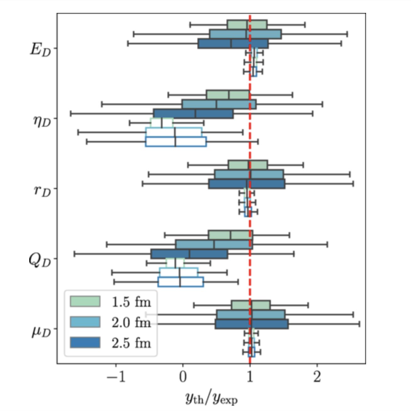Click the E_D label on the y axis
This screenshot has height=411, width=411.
pos(40,49)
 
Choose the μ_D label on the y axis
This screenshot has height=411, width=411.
pos(41,331)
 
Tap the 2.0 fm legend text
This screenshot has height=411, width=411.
pos(131,322)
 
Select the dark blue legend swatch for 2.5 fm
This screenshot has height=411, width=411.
pos(85,342)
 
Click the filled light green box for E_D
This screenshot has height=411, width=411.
pos(247,25)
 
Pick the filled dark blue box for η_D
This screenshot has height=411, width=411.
pos(193,114)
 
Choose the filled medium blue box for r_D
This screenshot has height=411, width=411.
pos(249,174)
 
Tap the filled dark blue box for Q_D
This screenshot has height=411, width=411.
pos(189,254)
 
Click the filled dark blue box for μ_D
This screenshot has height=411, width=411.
pos(251,324)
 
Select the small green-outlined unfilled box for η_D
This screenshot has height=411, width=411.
pos(162,123)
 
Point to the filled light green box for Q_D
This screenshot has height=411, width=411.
pos(230,235)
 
